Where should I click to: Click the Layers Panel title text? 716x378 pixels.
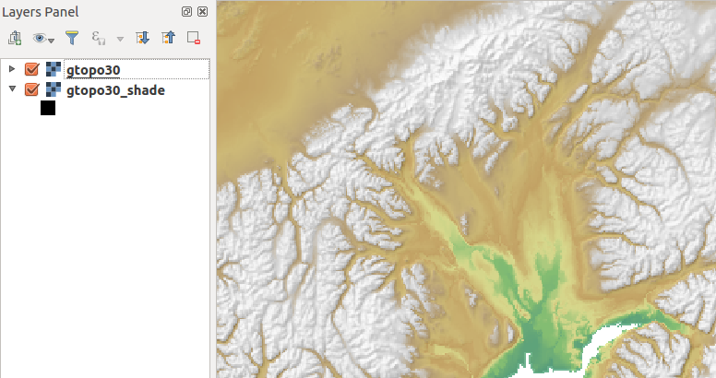pyautogui.click(x=40, y=12)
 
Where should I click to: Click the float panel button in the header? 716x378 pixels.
pyautogui.click(x=187, y=12)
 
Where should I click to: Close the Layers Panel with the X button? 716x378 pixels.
pyautogui.click(x=202, y=12)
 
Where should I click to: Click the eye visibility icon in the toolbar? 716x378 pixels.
pyautogui.click(x=39, y=39)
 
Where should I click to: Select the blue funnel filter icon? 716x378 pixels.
pyautogui.click(x=71, y=39)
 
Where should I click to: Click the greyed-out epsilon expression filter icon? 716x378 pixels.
pyautogui.click(x=98, y=39)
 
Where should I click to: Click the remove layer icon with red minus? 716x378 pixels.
pyautogui.click(x=194, y=39)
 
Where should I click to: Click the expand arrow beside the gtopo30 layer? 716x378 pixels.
pyautogui.click(x=11, y=69)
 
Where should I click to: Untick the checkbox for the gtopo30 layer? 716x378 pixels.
pyautogui.click(x=31, y=69)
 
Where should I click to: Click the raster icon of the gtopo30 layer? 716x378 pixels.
pyautogui.click(x=54, y=69)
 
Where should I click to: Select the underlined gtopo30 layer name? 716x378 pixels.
pyautogui.click(x=93, y=69)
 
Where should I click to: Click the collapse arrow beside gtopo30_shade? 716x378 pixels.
pyautogui.click(x=11, y=90)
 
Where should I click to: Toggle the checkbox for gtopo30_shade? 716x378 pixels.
pyautogui.click(x=31, y=90)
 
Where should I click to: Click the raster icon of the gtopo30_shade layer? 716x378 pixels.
pyautogui.click(x=54, y=90)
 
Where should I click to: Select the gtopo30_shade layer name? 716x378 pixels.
pyautogui.click(x=115, y=90)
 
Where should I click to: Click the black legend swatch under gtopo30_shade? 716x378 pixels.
pyautogui.click(x=48, y=109)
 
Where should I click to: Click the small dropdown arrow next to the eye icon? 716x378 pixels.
pyautogui.click(x=51, y=41)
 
